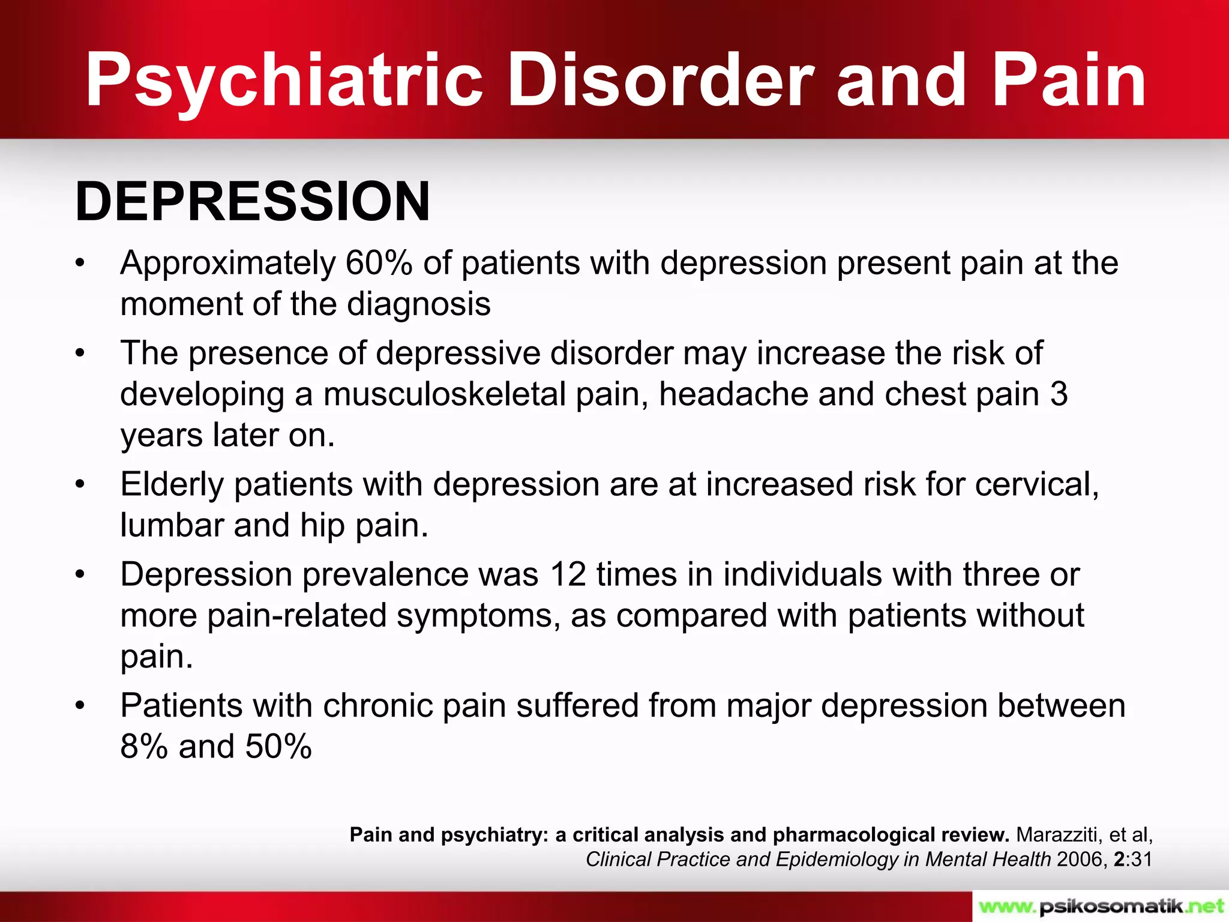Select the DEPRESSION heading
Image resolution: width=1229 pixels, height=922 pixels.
pyautogui.click(x=253, y=202)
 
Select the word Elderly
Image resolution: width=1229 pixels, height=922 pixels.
pyautogui.click(x=172, y=484)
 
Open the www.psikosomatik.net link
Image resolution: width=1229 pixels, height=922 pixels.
pyautogui.click(x=1100, y=906)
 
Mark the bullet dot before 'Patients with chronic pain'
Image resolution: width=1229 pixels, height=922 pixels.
pyautogui.click(x=80, y=706)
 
